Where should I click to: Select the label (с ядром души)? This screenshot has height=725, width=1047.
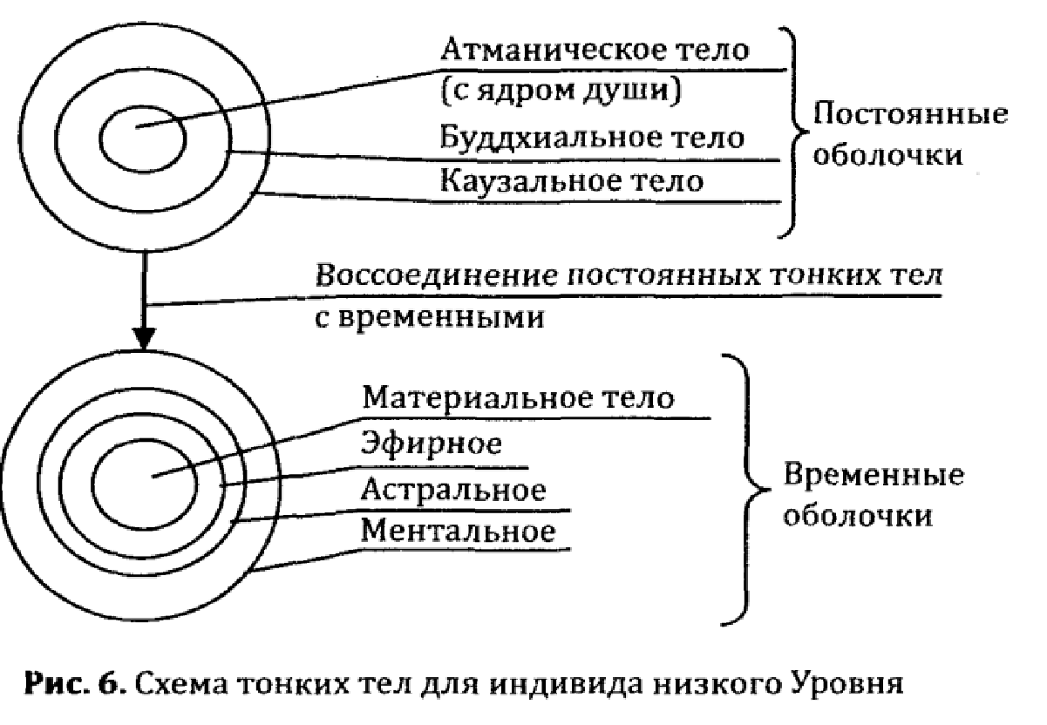pos(561,91)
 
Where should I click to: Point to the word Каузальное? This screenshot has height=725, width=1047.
pos(529,181)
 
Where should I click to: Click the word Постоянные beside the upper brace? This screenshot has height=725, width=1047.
pos(910,113)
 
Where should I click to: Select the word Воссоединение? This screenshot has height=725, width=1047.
pos(437,276)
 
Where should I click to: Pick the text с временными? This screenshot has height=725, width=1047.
pos(430,318)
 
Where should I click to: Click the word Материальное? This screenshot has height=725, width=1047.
pos(475,398)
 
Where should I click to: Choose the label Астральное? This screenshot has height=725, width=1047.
pos(453,490)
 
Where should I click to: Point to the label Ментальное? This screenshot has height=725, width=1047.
pos(458,532)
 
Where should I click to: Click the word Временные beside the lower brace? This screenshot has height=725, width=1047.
pos(874,475)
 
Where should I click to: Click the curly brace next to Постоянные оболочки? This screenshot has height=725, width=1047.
pos(793,132)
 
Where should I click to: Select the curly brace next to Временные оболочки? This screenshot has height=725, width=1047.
pos(746,490)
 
